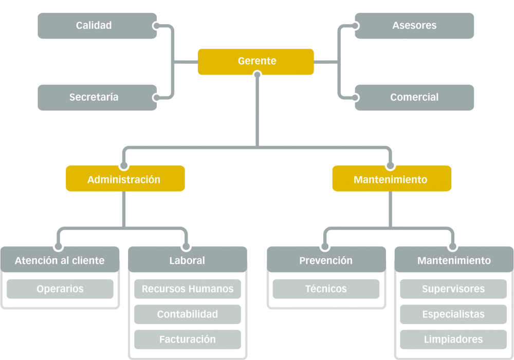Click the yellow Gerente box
coord(255,62)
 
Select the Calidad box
coord(97,26)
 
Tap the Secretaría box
coord(97,98)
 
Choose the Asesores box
coord(414,26)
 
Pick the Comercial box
coord(414,98)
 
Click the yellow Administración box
coord(125,179)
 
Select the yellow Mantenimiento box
coord(392,179)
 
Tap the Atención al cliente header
coord(60,259)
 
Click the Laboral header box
coord(188,259)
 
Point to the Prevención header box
coord(326,259)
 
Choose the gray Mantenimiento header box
coord(454,259)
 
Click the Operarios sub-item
coord(60,289)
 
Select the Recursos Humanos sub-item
coord(188,289)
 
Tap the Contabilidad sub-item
coord(188,314)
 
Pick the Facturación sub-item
coord(188,339)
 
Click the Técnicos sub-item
coord(326,289)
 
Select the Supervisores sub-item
coord(453,289)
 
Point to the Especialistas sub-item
coord(453,314)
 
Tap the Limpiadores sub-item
coord(453,339)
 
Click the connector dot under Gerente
coord(258,74)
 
